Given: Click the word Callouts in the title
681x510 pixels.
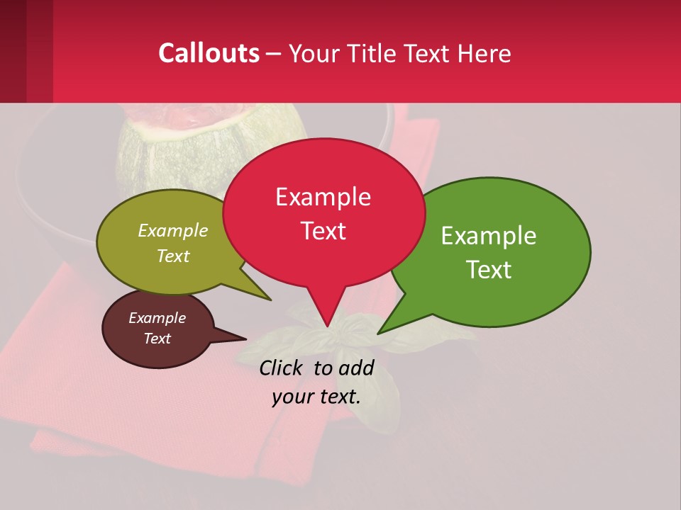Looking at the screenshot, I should pos(209,53).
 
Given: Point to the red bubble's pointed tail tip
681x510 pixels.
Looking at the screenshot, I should pos(327,327).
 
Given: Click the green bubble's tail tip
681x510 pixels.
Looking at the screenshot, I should pos(378,333).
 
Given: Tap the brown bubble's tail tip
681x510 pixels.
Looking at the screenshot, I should pos(246,338).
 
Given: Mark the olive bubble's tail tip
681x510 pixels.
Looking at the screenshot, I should pos(271,300).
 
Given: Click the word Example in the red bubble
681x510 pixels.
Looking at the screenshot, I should pos(323,196).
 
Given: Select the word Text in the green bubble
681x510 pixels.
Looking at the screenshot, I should pos(489,270).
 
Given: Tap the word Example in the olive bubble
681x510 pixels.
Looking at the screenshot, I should pos(173,231).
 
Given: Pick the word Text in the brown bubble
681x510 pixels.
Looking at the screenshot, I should pos(157,339).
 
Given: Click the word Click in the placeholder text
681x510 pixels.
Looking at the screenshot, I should pos(280,368).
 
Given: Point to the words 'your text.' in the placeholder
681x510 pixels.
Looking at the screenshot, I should pos(316,397).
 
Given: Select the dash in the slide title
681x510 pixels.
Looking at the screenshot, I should pos(275,53).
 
